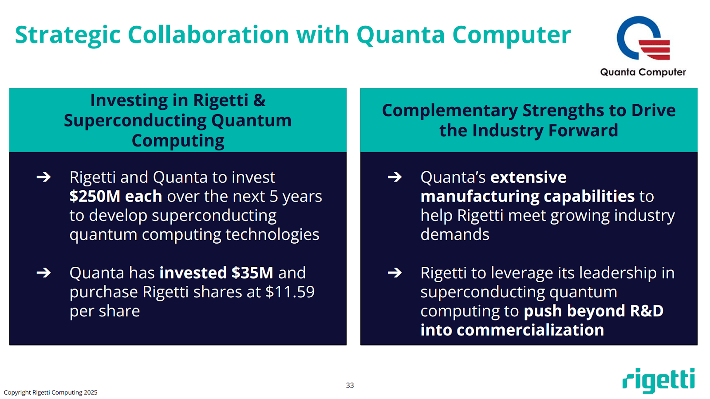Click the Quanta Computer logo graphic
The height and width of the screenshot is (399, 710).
click(x=643, y=38)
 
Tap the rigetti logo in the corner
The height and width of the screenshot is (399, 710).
click(x=659, y=380)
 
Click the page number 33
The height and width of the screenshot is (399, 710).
click(x=350, y=385)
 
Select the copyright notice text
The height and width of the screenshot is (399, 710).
click(x=51, y=392)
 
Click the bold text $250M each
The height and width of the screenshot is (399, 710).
click(x=115, y=196)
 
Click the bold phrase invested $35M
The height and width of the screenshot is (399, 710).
click(x=216, y=273)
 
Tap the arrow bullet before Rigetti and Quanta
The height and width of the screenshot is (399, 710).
click(x=43, y=178)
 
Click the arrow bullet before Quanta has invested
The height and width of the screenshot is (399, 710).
click(x=43, y=273)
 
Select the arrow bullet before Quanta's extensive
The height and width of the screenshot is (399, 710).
click(x=394, y=178)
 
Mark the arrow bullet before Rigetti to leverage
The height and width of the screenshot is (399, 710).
click(x=394, y=273)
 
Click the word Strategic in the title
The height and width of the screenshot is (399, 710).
click(x=67, y=35)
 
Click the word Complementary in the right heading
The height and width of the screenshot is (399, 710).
click(x=450, y=111)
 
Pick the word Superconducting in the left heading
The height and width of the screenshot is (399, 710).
click(x=134, y=121)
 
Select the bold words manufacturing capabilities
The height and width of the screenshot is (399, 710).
click(x=527, y=196)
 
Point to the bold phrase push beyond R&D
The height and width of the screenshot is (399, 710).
click(x=593, y=311)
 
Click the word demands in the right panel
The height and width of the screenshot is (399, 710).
click(x=454, y=234)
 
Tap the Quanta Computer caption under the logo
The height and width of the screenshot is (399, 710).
click(x=643, y=72)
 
